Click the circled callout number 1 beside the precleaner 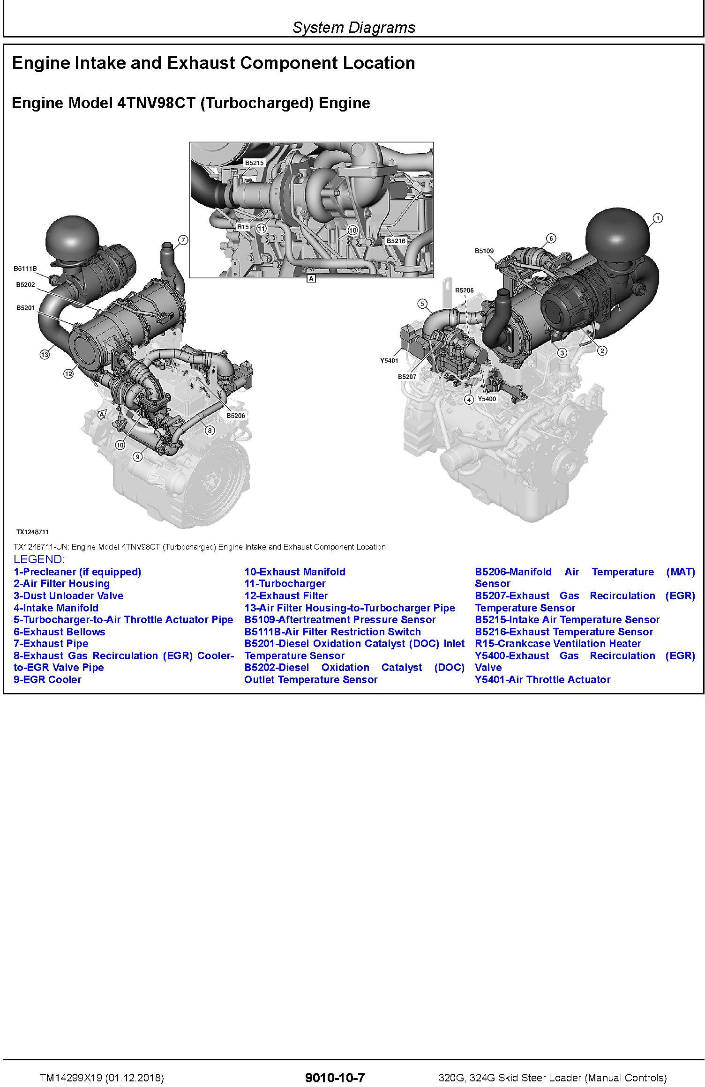pyautogui.click(x=658, y=218)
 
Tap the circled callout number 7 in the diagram pyautogui.click(x=183, y=240)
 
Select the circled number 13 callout pyautogui.click(x=45, y=355)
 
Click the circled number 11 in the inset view pyautogui.click(x=261, y=228)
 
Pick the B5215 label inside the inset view pyautogui.click(x=255, y=163)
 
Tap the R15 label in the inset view pyautogui.click(x=243, y=227)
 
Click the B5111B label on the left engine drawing pyautogui.click(x=25, y=268)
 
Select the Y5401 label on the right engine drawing pyautogui.click(x=389, y=361)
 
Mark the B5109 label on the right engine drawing pyautogui.click(x=484, y=251)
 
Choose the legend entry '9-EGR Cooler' pyautogui.click(x=47, y=679)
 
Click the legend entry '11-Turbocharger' pyautogui.click(x=285, y=584)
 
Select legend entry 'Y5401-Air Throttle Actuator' pyautogui.click(x=543, y=679)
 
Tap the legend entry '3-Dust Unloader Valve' pyautogui.click(x=68, y=596)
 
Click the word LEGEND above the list pyautogui.click(x=39, y=559)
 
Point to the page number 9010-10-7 pyautogui.click(x=335, y=1077)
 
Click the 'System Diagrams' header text pyautogui.click(x=354, y=27)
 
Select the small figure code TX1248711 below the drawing pyautogui.click(x=32, y=532)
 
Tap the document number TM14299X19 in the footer pyautogui.click(x=70, y=1078)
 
